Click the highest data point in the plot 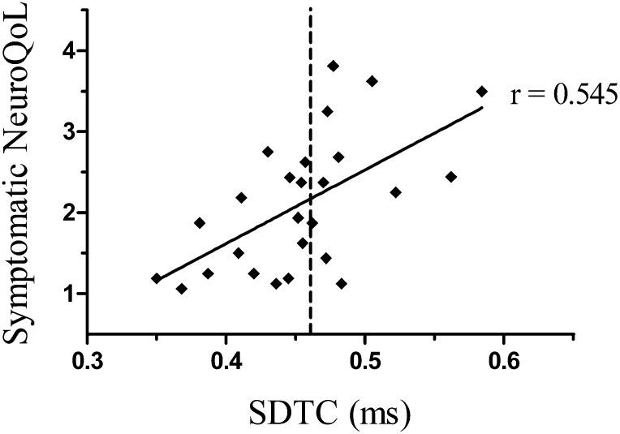coord(333,66)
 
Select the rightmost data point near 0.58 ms coord(482,92)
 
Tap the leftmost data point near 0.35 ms coord(157,278)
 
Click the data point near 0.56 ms coord(451,177)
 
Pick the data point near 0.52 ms coord(395,192)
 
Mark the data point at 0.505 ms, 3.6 coord(372,81)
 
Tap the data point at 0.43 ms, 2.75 coord(268,152)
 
